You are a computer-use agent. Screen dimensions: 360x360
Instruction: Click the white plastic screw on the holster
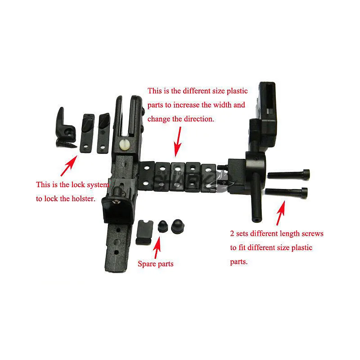125,144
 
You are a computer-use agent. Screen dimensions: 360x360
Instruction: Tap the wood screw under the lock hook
66,144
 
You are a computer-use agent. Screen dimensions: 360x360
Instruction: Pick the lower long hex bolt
286,192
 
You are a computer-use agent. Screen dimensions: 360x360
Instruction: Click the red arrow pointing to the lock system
69,165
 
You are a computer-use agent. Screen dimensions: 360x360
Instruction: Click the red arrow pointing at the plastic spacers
177,142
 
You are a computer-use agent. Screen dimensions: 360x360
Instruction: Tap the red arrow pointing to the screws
281,213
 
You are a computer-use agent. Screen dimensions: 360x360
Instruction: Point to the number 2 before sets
232,234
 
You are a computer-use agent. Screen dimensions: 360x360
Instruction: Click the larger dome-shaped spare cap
178,226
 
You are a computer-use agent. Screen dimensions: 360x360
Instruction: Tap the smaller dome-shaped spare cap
163,226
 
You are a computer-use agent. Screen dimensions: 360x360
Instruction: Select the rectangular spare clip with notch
144,232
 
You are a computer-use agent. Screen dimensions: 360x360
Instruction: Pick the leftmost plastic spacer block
147,176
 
